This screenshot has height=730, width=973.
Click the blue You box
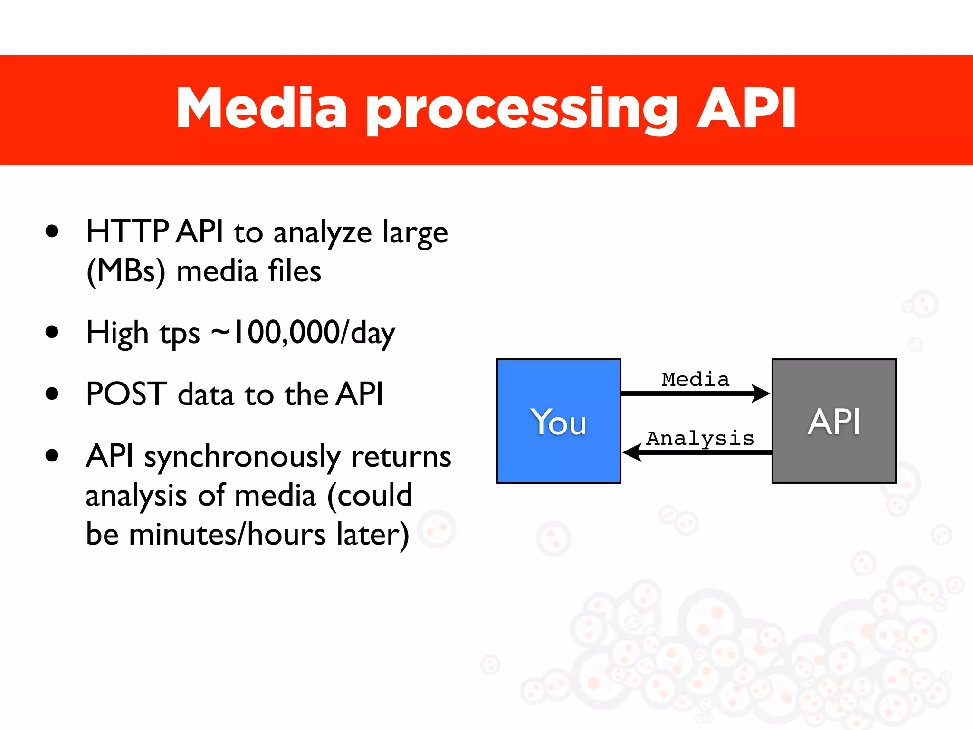pyautogui.click(x=558, y=421)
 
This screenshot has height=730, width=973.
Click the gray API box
pyautogui.click(x=834, y=421)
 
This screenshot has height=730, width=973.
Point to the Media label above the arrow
pyautogui.click(x=695, y=379)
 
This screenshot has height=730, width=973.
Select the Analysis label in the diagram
pyautogui.click(x=700, y=438)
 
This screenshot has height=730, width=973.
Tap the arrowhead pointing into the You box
pyautogui.click(x=632, y=452)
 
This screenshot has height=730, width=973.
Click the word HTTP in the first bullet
pyautogui.click(x=127, y=232)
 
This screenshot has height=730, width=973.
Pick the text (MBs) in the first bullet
pyautogui.click(x=126, y=271)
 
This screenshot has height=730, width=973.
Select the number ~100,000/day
pyautogui.click(x=303, y=333)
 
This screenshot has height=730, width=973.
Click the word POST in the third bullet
pyautogui.click(x=126, y=394)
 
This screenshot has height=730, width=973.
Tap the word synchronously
pyautogui.click(x=242, y=458)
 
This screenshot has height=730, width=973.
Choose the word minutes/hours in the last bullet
pyautogui.click(x=227, y=534)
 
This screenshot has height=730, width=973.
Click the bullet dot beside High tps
pyautogui.click(x=52, y=332)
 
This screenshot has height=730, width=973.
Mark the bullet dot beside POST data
pyautogui.click(x=52, y=394)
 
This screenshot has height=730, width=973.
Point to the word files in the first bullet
pyautogui.click(x=295, y=271)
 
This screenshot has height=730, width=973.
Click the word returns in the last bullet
pyautogui.click(x=401, y=457)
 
